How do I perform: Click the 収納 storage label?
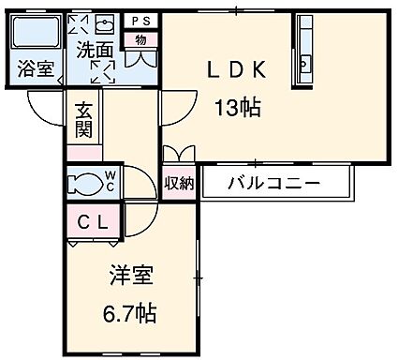179,183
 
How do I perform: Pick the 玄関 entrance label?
83,120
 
